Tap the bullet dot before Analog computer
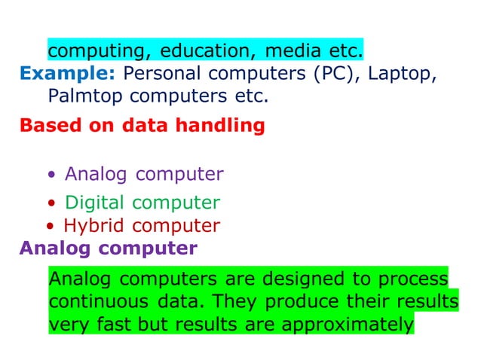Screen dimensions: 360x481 (51, 176)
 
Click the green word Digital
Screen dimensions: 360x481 (96, 203)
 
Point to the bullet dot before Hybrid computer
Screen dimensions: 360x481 (49, 226)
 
